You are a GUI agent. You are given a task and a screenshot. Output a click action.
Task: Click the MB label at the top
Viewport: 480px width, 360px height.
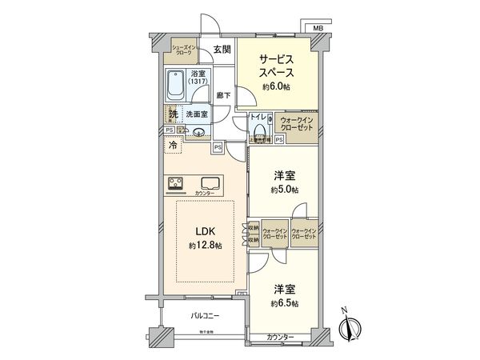[318, 26]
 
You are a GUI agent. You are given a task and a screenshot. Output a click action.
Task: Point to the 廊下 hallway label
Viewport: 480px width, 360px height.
[223, 95]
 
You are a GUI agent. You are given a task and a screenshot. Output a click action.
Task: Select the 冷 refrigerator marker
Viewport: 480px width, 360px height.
[174, 147]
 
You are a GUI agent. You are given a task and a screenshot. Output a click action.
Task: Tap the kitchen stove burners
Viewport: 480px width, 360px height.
[177, 184]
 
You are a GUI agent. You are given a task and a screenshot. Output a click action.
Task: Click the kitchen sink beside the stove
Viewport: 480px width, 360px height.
[212, 182]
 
